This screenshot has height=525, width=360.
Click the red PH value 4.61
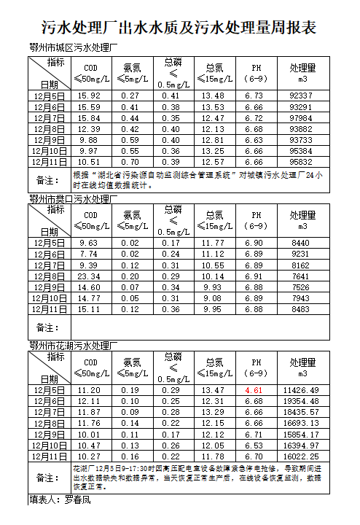pyautogui.click(x=254, y=390)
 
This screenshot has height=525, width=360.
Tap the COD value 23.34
pyautogui.click(x=89, y=276)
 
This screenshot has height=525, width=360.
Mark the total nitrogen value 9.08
pyautogui.click(x=214, y=298)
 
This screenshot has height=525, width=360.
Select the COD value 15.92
pyautogui.click(x=89, y=96)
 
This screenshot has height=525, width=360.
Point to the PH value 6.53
pyautogui.click(x=254, y=445)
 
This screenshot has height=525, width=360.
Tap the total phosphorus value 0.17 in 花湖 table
pyautogui.click(x=171, y=434)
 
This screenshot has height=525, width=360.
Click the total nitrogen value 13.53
pyautogui.click(x=214, y=106)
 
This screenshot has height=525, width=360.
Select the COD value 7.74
pyautogui.click(x=89, y=254)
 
